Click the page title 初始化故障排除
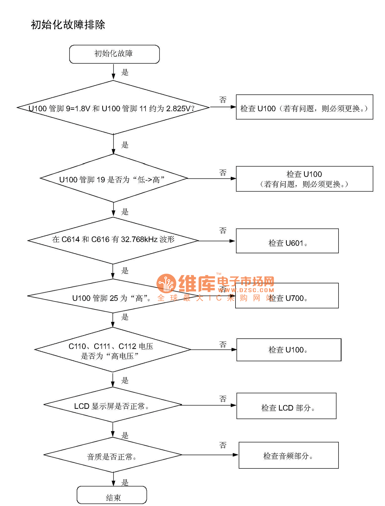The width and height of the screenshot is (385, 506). (68, 25)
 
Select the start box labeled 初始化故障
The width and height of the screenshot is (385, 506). (114, 54)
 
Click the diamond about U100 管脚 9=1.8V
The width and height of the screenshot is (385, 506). (113, 108)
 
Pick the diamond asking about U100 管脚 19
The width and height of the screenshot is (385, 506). (113, 179)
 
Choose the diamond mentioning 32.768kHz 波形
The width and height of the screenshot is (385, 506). (113, 240)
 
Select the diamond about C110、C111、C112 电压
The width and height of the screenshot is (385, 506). (113, 350)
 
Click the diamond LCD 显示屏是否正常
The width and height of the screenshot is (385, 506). (113, 405)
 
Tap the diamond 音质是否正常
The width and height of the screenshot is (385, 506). (113, 455)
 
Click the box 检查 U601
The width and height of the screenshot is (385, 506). (287, 241)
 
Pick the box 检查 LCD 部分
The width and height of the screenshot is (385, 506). (286, 406)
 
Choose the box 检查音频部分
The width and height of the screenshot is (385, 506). (289, 455)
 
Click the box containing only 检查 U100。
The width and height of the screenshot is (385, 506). (289, 350)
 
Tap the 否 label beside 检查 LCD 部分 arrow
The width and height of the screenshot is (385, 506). (223, 399)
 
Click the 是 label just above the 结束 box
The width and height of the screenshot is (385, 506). (125, 482)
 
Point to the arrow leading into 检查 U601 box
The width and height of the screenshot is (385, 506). (216, 241)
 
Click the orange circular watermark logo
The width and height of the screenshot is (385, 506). (166, 283)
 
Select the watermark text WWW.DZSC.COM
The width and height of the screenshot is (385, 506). (246, 290)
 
